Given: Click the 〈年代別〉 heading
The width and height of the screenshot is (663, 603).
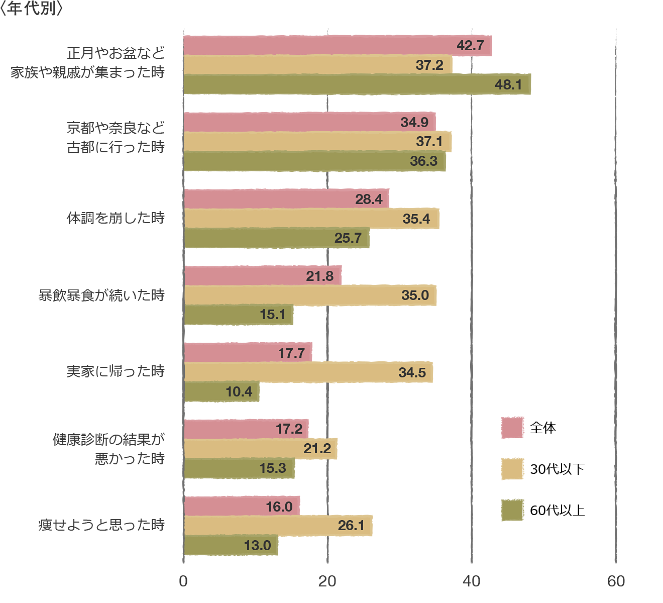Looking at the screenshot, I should tap(31, 9).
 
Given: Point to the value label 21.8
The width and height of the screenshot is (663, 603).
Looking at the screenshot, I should tap(320, 276).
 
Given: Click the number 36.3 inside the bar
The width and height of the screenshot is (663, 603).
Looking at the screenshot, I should tap(423, 161).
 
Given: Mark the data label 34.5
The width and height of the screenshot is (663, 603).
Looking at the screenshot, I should tap(412, 373).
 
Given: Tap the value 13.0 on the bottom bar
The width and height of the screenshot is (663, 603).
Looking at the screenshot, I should tap(257, 545).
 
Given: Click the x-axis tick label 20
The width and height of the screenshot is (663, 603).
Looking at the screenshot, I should tap(327, 581).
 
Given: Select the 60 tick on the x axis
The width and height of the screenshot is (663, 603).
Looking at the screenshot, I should tap(616, 581).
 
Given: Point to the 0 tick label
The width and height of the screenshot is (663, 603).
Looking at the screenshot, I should tap(183, 581).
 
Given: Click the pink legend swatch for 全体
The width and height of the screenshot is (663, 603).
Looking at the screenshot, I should tap(512, 428).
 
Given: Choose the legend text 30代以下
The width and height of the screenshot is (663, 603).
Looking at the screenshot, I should tap(558, 469).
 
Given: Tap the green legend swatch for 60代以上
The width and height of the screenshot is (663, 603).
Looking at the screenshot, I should tap(512, 510).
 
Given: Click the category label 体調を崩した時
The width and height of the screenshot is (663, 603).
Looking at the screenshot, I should tap(116, 218).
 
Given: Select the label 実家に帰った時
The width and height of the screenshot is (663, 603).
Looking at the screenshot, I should tap(116, 371).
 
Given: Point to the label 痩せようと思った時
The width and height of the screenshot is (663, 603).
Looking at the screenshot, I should tap(102, 525).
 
